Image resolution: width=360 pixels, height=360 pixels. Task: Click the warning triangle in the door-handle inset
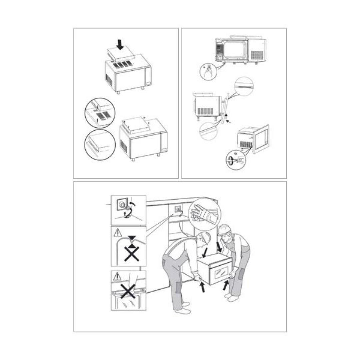click(x=116, y=276)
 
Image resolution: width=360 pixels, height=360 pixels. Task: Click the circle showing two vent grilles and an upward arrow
click(x=100, y=113)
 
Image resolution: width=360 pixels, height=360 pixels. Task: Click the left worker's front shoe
click(x=183, y=311)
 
